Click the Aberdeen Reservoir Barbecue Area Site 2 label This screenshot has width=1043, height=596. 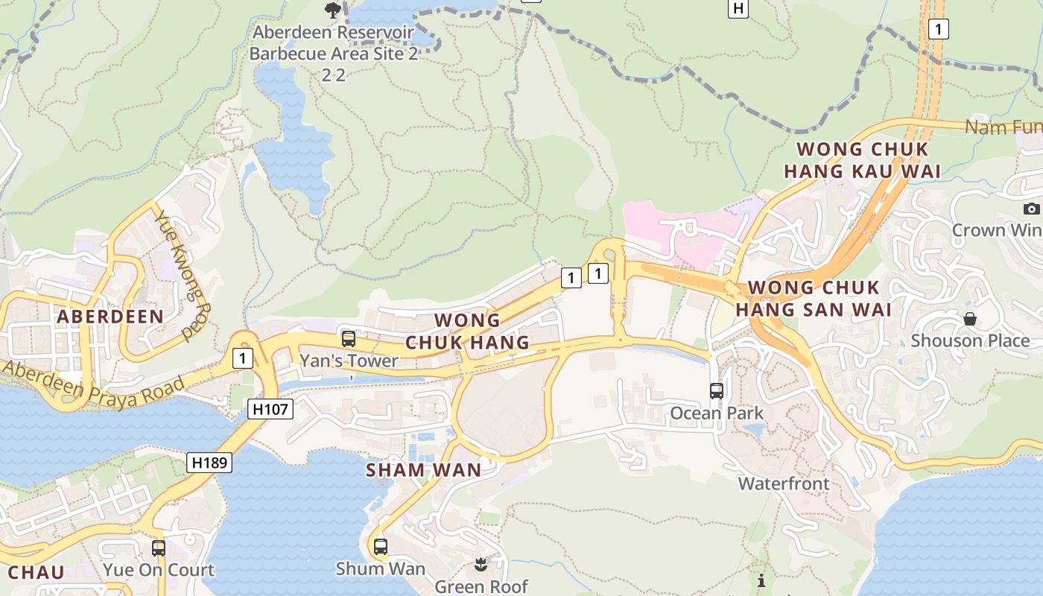(334, 43)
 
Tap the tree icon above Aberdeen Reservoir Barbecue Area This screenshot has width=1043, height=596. (333, 10)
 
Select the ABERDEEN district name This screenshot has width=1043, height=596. (110, 316)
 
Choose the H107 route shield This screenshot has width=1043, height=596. (271, 408)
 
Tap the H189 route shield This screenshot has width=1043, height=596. (209, 462)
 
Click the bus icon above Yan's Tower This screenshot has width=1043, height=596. (348, 339)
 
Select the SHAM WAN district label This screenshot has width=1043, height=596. (423, 470)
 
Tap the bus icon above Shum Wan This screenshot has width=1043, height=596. (381, 547)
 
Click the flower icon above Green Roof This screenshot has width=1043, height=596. (481, 565)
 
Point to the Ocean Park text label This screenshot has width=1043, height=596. (717, 413)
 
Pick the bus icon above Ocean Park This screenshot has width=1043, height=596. (717, 390)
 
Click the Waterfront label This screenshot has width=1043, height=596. (783, 484)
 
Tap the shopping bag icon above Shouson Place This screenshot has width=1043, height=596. (970, 319)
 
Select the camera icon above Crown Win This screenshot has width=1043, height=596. (1031, 209)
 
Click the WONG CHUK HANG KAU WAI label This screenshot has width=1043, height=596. (861, 160)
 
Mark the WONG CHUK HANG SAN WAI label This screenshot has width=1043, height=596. (814, 298)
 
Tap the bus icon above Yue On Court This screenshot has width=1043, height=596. (158, 548)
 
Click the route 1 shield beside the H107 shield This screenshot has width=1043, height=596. (241, 358)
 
